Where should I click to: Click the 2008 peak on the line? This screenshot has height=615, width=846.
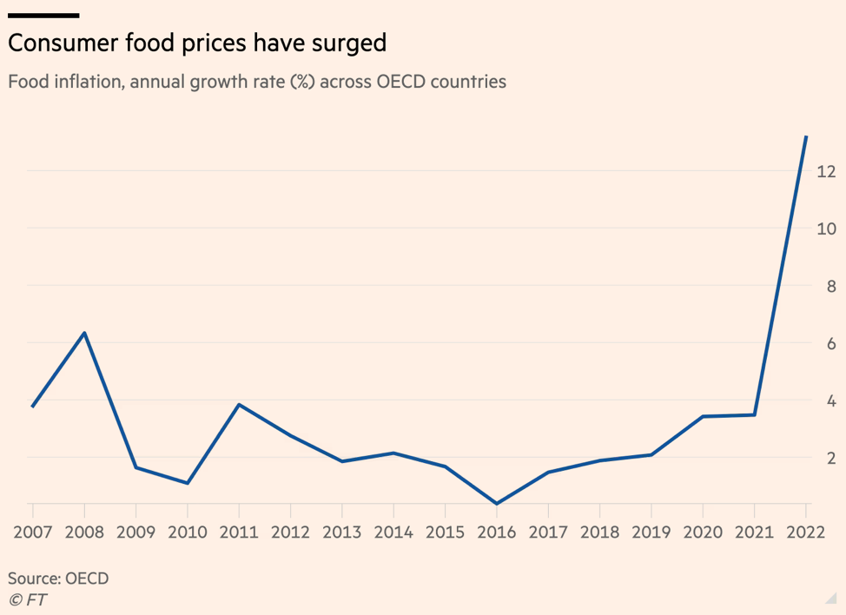pyautogui.click(x=84, y=333)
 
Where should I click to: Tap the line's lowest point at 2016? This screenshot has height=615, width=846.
pyautogui.click(x=496, y=503)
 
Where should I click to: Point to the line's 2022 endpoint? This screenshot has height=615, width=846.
pyautogui.click(x=806, y=137)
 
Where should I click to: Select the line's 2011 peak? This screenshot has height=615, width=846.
pyautogui.click(x=239, y=405)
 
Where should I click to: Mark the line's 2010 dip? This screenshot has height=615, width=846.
pyautogui.click(x=188, y=482)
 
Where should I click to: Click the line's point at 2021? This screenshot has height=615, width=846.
pyautogui.click(x=754, y=414)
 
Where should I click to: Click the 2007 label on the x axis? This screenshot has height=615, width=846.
pyautogui.click(x=33, y=532)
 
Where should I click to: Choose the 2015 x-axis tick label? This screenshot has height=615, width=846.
pyautogui.click(x=445, y=532)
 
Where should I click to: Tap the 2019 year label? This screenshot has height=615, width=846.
pyautogui.click(x=651, y=532)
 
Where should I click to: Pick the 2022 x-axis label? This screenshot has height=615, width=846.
pyautogui.click(x=805, y=532)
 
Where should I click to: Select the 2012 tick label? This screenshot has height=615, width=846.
pyautogui.click(x=290, y=532)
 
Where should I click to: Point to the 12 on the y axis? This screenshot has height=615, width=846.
pyautogui.click(x=825, y=172)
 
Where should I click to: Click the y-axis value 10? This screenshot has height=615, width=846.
pyautogui.click(x=825, y=229)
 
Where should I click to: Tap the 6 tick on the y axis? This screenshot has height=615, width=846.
pyautogui.click(x=830, y=344)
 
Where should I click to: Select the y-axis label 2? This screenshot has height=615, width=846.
pyautogui.click(x=830, y=458)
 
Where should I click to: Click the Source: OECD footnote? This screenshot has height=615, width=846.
pyautogui.click(x=58, y=578)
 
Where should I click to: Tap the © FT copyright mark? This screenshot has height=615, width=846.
pyautogui.click(x=28, y=599)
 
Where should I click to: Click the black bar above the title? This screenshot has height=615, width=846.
pyautogui.click(x=43, y=15)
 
